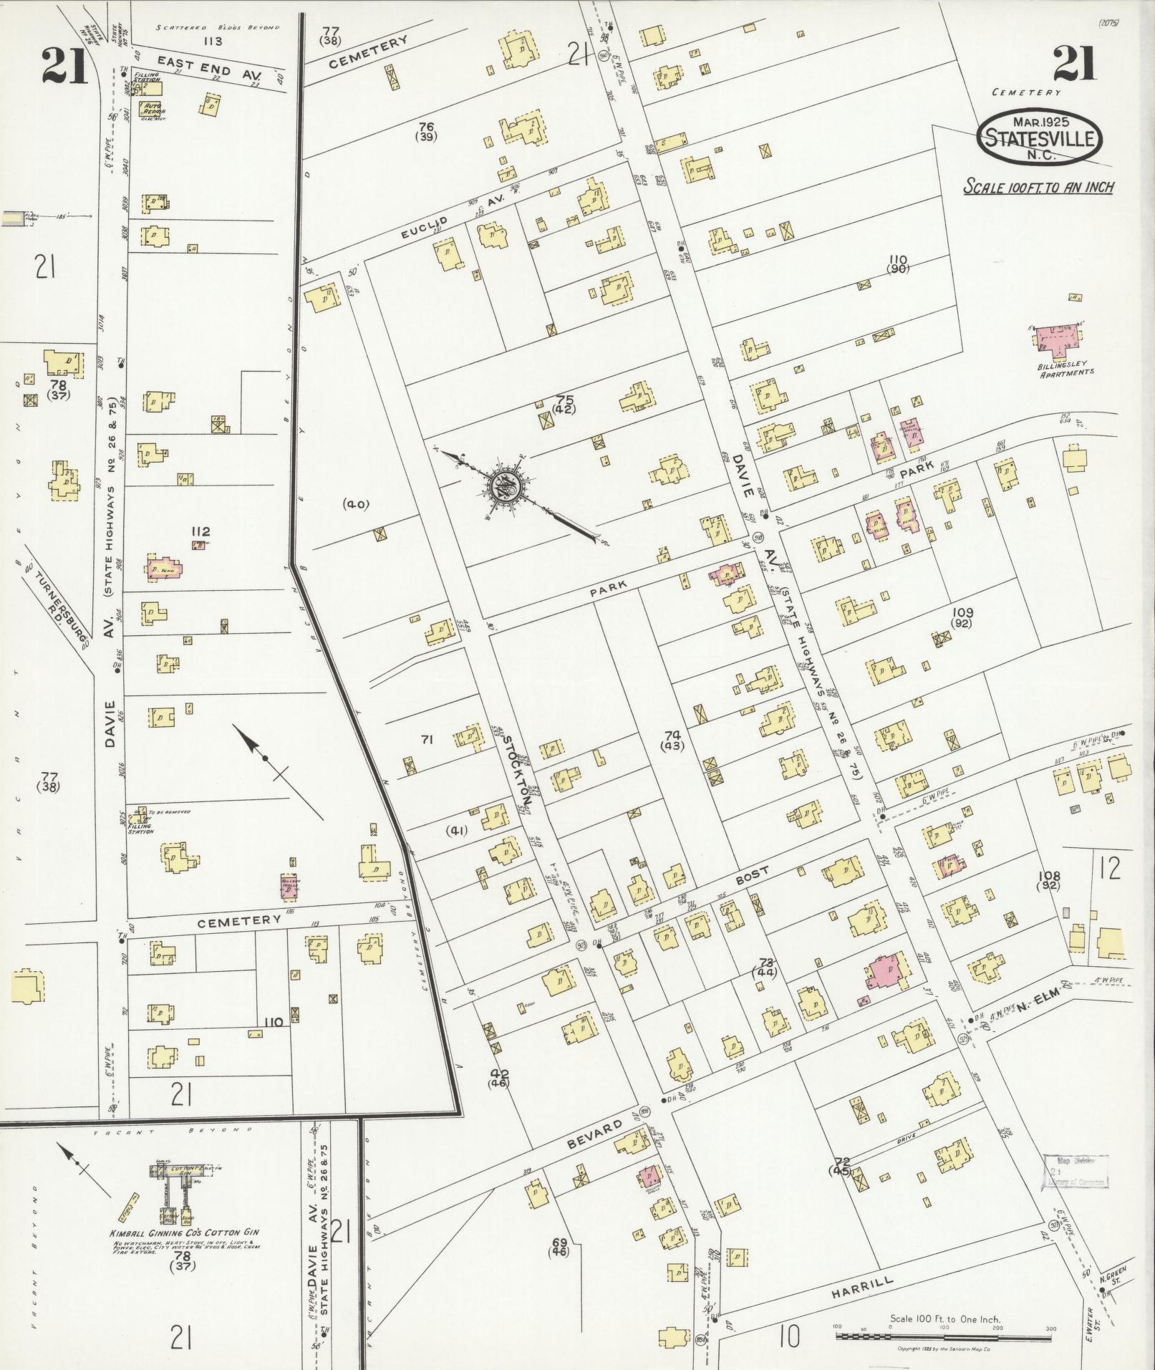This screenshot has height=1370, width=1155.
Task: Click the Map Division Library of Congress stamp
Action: [x=1075, y=1172]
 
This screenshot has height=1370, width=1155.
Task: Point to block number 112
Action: [x=200, y=531]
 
